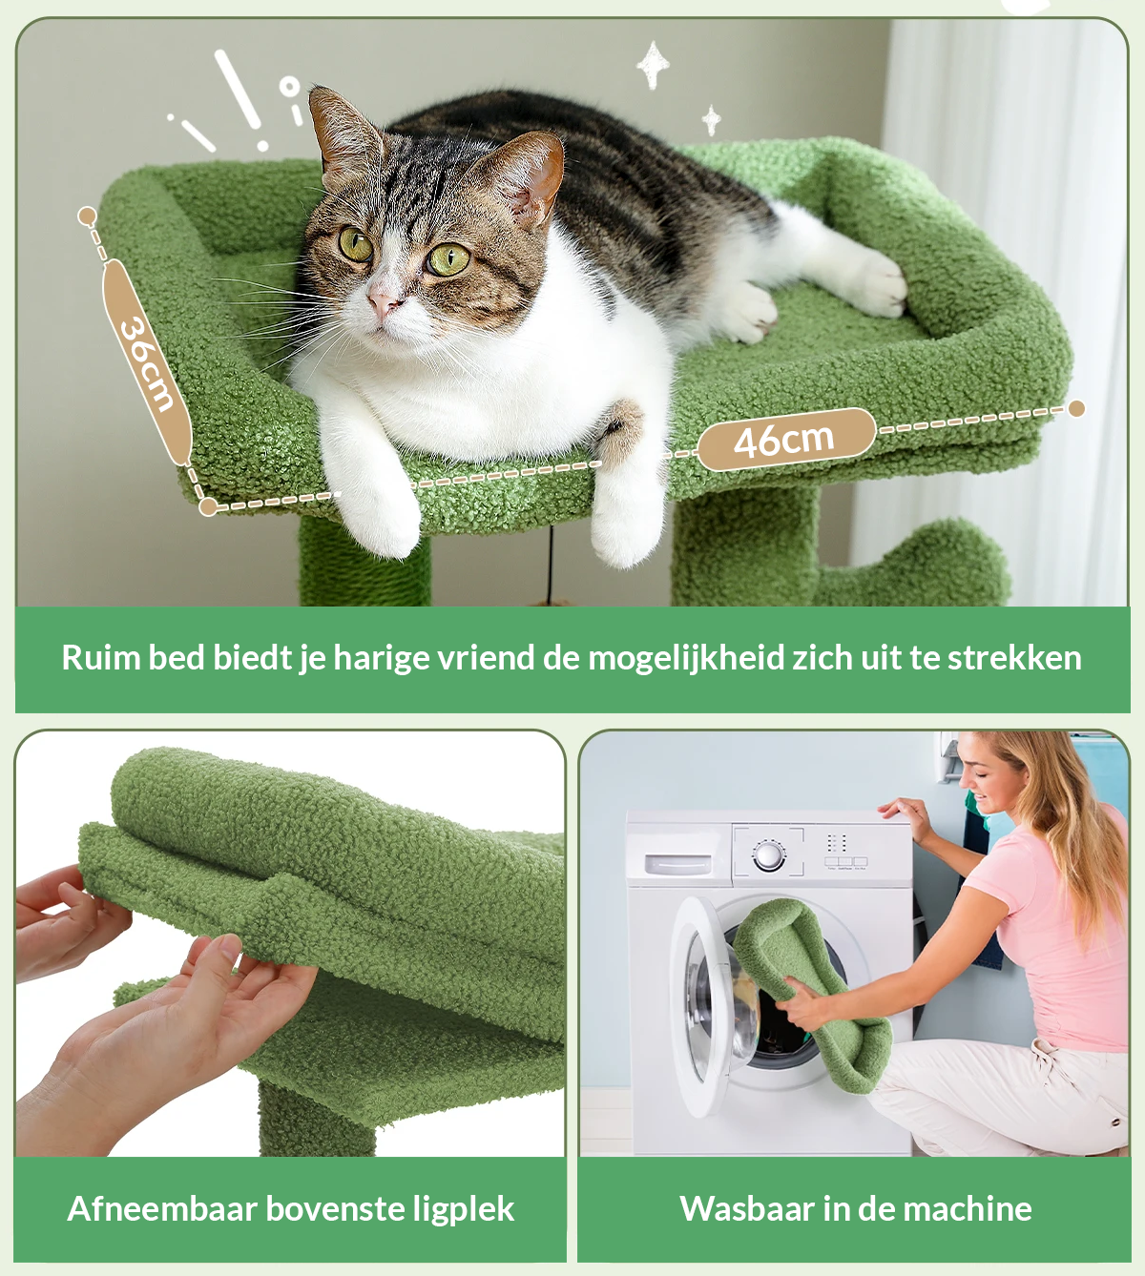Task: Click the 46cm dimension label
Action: pos(786,439)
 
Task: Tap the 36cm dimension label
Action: pos(148,363)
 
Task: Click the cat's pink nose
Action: pos(384,303)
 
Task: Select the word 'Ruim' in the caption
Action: pos(101,657)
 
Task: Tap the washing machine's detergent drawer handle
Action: pos(678,864)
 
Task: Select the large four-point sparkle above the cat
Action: pos(653,65)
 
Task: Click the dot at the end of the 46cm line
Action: pos(1076,409)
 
